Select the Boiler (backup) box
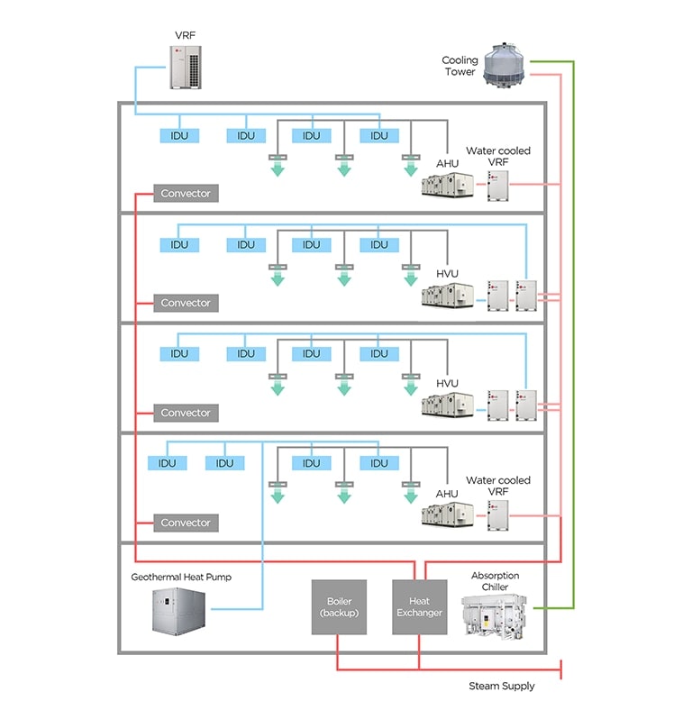[339, 607]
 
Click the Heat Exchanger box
[419, 607]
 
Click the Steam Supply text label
[501, 686]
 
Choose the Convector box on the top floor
[186, 193]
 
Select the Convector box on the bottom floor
[186, 523]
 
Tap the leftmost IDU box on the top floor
[179, 136]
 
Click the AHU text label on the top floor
[448, 164]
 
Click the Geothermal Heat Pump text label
[181, 577]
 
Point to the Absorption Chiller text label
[496, 581]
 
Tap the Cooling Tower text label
[460, 67]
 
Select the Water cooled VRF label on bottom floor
[497, 487]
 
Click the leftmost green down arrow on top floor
[278, 168]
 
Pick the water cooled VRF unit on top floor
[498, 185]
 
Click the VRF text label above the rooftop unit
[185, 35]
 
